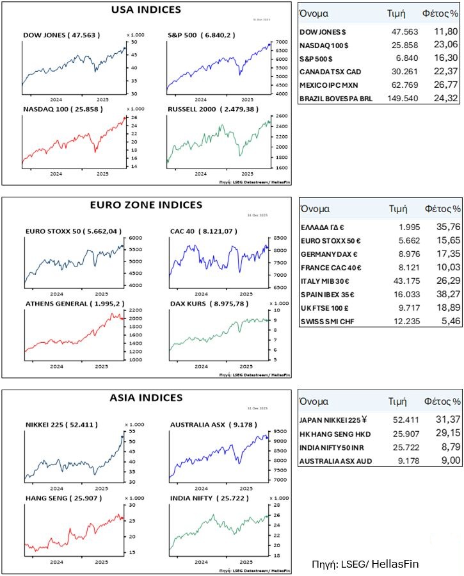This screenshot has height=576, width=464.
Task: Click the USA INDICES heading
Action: [x=146, y=10]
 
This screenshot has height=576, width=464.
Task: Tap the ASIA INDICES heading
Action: [x=147, y=398]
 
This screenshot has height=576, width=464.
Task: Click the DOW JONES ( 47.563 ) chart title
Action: [x=61, y=35]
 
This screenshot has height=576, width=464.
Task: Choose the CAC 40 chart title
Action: [x=199, y=231]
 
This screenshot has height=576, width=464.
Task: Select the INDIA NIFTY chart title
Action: [x=201, y=497]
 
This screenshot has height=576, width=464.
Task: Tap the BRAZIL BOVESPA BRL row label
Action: [x=336, y=98]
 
